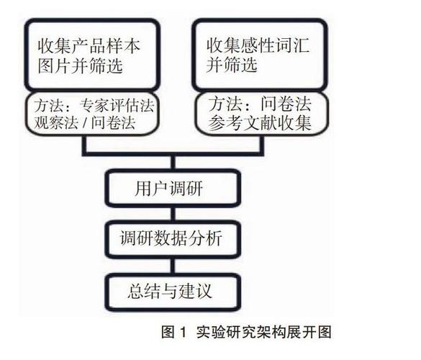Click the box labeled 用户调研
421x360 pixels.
point(173,188)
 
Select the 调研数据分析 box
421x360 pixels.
point(173,238)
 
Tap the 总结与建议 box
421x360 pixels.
point(173,292)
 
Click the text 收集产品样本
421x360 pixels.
point(89,46)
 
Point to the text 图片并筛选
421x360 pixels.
point(81,66)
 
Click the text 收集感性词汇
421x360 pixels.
point(258,45)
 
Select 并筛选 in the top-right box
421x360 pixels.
point(232,65)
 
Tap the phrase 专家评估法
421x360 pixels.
point(117,106)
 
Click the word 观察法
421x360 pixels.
point(56,123)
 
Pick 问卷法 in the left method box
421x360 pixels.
point(113,123)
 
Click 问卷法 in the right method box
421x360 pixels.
point(286,104)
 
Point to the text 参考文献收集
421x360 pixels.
point(259,123)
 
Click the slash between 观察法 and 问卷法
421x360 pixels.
point(85,123)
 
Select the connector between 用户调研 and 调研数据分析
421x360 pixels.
point(173,214)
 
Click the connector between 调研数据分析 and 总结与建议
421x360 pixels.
point(173,266)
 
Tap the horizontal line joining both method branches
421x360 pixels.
point(173,154)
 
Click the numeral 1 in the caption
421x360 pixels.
point(183,332)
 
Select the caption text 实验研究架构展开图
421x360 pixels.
point(263,333)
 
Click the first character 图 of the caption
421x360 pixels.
point(168,333)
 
